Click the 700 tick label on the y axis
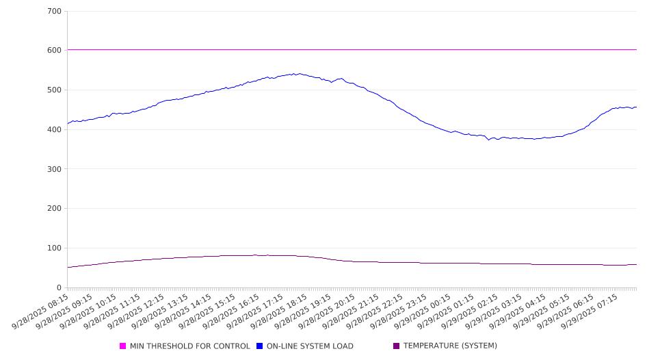[x=54, y=12]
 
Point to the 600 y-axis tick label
[x=54, y=51]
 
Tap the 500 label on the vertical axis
[x=54, y=90]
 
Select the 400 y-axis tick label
[x=54, y=130]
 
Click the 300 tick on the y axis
[x=54, y=169]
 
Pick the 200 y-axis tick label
[x=54, y=209]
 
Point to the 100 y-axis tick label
[x=54, y=248]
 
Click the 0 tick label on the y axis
[x=59, y=288]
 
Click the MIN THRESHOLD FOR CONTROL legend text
[x=190, y=346]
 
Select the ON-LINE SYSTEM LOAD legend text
[x=310, y=346]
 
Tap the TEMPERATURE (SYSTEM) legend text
[x=450, y=346]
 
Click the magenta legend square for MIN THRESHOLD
[x=123, y=346]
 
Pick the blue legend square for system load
[x=260, y=346]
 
